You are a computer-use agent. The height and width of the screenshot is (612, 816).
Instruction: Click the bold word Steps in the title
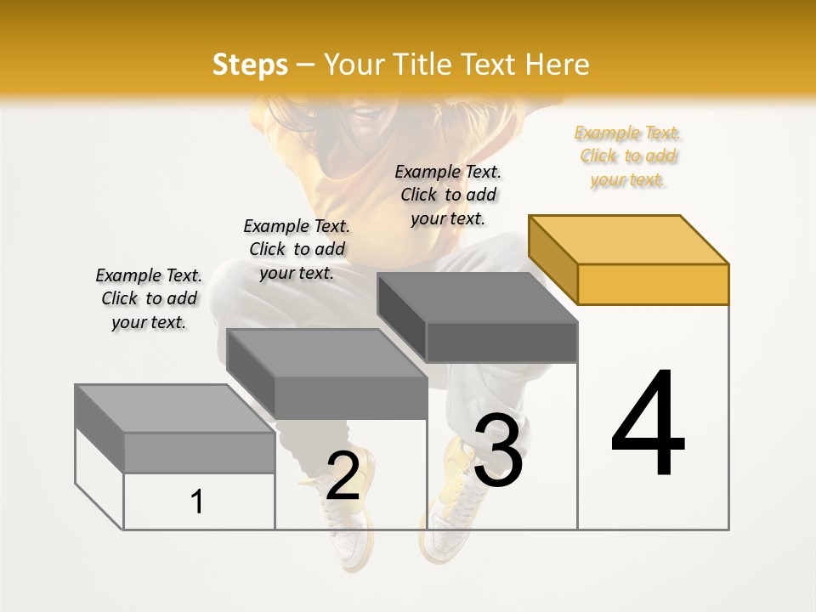click(x=250, y=65)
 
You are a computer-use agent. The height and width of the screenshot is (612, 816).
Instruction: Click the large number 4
click(x=648, y=424)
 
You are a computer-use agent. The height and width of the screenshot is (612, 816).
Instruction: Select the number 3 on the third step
click(x=498, y=450)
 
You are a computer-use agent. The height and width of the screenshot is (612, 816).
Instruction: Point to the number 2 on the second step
click(x=343, y=476)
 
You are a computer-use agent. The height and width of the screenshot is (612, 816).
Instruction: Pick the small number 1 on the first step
click(x=197, y=501)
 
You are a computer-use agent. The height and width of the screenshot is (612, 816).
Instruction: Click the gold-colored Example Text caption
click(x=627, y=156)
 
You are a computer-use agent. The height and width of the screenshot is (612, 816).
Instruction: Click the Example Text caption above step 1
click(x=149, y=298)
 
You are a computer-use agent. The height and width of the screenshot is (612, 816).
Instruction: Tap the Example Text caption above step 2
click(x=297, y=249)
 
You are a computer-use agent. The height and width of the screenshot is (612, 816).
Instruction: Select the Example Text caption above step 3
click(x=448, y=195)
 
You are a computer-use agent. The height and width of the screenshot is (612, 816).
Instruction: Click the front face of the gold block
click(x=653, y=284)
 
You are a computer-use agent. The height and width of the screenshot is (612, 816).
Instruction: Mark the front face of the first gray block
click(x=199, y=452)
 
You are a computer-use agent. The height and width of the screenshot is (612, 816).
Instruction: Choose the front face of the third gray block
click(x=501, y=342)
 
